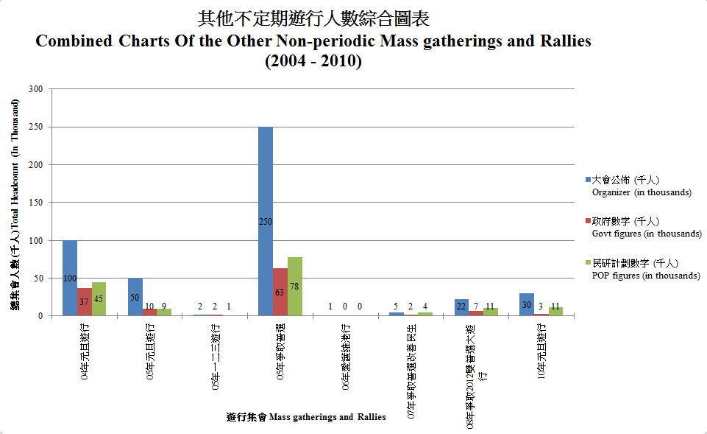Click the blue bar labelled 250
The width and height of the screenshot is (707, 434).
pos(265,221)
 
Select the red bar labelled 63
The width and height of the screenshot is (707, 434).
pos(280,292)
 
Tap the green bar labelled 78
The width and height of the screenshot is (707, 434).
pos(294,286)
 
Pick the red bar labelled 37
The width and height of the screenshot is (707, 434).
pos(85,301)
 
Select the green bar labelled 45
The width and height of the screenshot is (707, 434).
pos(99,298)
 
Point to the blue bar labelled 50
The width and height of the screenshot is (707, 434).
pos(135,297)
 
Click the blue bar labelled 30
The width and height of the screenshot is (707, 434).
pos(526,304)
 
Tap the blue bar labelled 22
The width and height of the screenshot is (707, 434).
pos(461,307)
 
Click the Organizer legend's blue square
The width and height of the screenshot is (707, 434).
pos(587,180)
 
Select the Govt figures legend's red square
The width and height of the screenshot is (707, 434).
pos(587,221)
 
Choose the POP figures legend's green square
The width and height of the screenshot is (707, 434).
pos(587,263)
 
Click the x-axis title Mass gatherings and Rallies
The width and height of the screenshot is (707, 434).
pos(307,418)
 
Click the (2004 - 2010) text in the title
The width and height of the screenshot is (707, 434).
pos(313,62)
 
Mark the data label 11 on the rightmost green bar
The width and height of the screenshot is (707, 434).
pos(555,305)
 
